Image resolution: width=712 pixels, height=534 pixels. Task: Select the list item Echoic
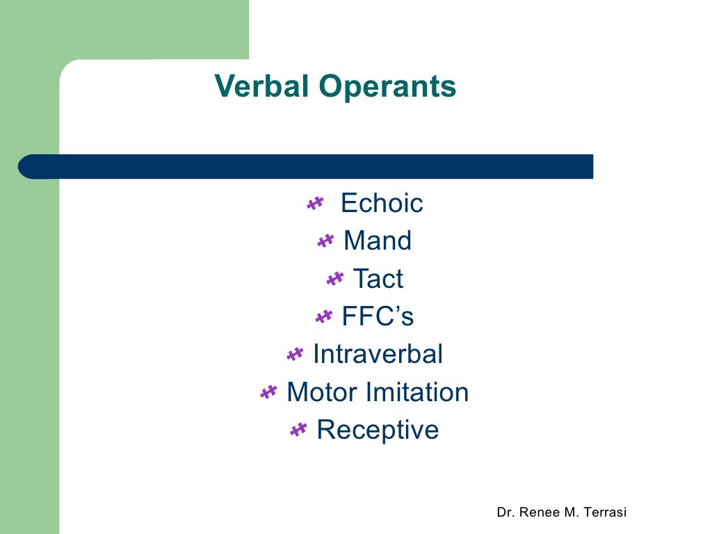[x=382, y=204]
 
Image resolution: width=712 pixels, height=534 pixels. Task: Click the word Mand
[x=378, y=241]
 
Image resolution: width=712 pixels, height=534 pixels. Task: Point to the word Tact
[x=378, y=279]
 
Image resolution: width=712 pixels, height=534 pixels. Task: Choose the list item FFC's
[x=378, y=317]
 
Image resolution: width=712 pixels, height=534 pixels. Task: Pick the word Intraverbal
[x=378, y=355]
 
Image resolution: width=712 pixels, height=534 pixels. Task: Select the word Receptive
[x=378, y=430]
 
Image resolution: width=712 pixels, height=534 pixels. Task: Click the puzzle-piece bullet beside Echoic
[x=315, y=204]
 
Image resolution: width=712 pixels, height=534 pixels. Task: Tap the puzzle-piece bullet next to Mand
[x=325, y=241]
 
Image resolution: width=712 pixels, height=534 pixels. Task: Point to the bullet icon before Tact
[x=335, y=279]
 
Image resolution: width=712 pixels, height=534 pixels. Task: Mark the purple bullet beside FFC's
[x=324, y=317]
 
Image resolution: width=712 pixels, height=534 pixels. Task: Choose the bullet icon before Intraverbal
[x=295, y=355]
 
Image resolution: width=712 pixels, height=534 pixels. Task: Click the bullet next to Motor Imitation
[x=268, y=393]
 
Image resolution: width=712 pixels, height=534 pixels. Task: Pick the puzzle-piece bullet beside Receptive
[x=298, y=430]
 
